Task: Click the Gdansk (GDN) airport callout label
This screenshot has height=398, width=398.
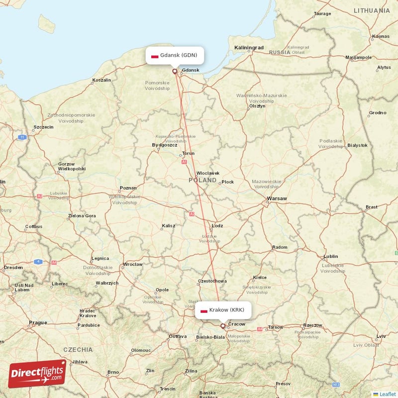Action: (175, 55)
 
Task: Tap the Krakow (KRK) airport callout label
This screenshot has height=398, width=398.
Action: (222, 310)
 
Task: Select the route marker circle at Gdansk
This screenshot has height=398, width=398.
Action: (175, 71)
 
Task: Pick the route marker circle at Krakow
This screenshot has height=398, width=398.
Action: (222, 326)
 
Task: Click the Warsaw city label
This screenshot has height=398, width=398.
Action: (277, 199)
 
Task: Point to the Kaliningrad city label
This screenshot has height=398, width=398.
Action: (249, 47)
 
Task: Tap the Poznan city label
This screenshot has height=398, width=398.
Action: (128, 188)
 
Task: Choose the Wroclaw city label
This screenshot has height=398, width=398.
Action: (133, 264)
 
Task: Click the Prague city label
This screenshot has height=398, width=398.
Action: (38, 322)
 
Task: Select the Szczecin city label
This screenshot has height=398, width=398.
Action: (43, 127)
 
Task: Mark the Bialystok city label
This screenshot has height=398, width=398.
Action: (357, 145)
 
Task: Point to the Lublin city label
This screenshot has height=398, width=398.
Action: (330, 257)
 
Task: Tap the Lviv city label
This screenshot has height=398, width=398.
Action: (381, 337)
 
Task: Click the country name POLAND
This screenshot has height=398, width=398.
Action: (202, 180)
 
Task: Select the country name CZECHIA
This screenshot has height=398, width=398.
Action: (78, 349)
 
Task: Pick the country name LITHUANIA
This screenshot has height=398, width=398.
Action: (372, 10)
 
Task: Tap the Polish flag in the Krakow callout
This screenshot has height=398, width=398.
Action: (203, 310)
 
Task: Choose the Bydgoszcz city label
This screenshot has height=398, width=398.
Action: (164, 145)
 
